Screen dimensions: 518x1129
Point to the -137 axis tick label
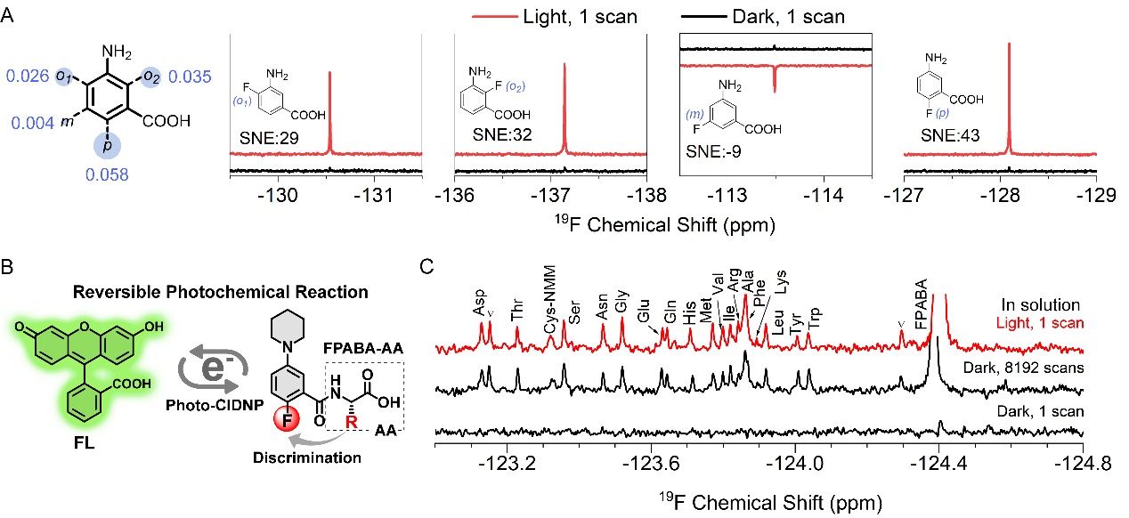pyautogui.click(x=553, y=196)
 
